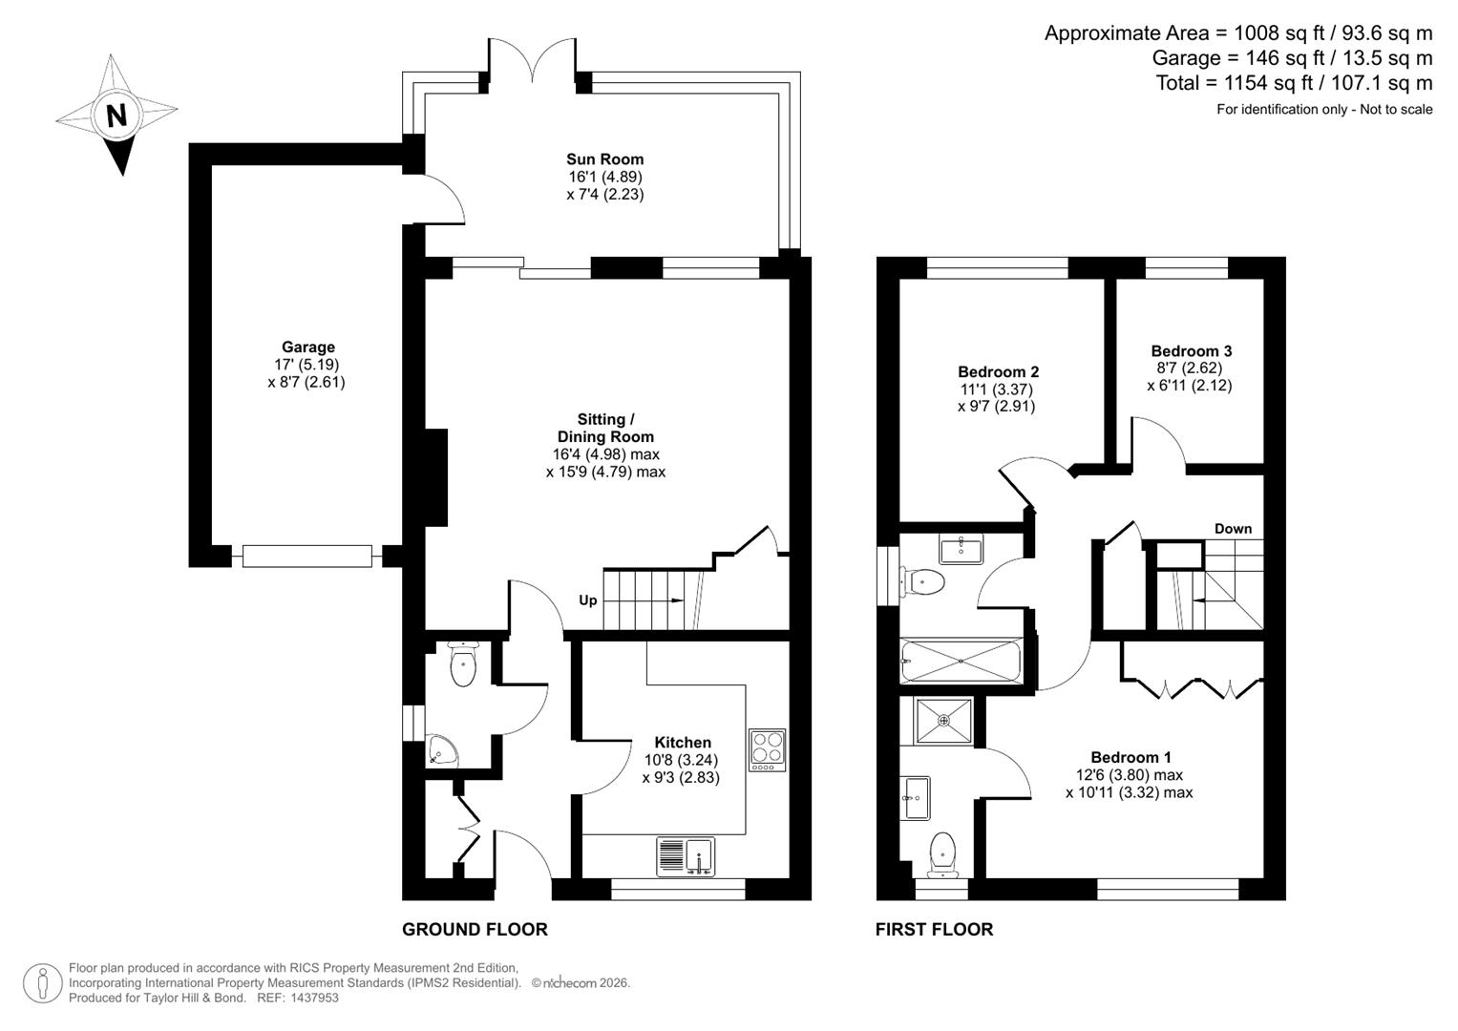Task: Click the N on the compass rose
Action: pos(116,116)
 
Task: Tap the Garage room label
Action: pos(307,347)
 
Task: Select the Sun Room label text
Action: pos(604,159)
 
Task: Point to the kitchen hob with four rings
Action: pos(767,750)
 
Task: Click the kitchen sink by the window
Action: pos(686,855)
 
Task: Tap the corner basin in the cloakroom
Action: pos(444,751)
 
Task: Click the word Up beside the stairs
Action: pos(588,600)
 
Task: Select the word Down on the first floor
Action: pos(1233,528)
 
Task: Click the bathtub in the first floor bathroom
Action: pos(961,661)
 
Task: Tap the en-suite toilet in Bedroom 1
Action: pos(941,852)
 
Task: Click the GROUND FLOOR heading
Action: pos(475,929)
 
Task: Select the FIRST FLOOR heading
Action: pos(934,929)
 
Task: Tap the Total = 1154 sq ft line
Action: pos(1294,83)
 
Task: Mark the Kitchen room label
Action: pos(682,742)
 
